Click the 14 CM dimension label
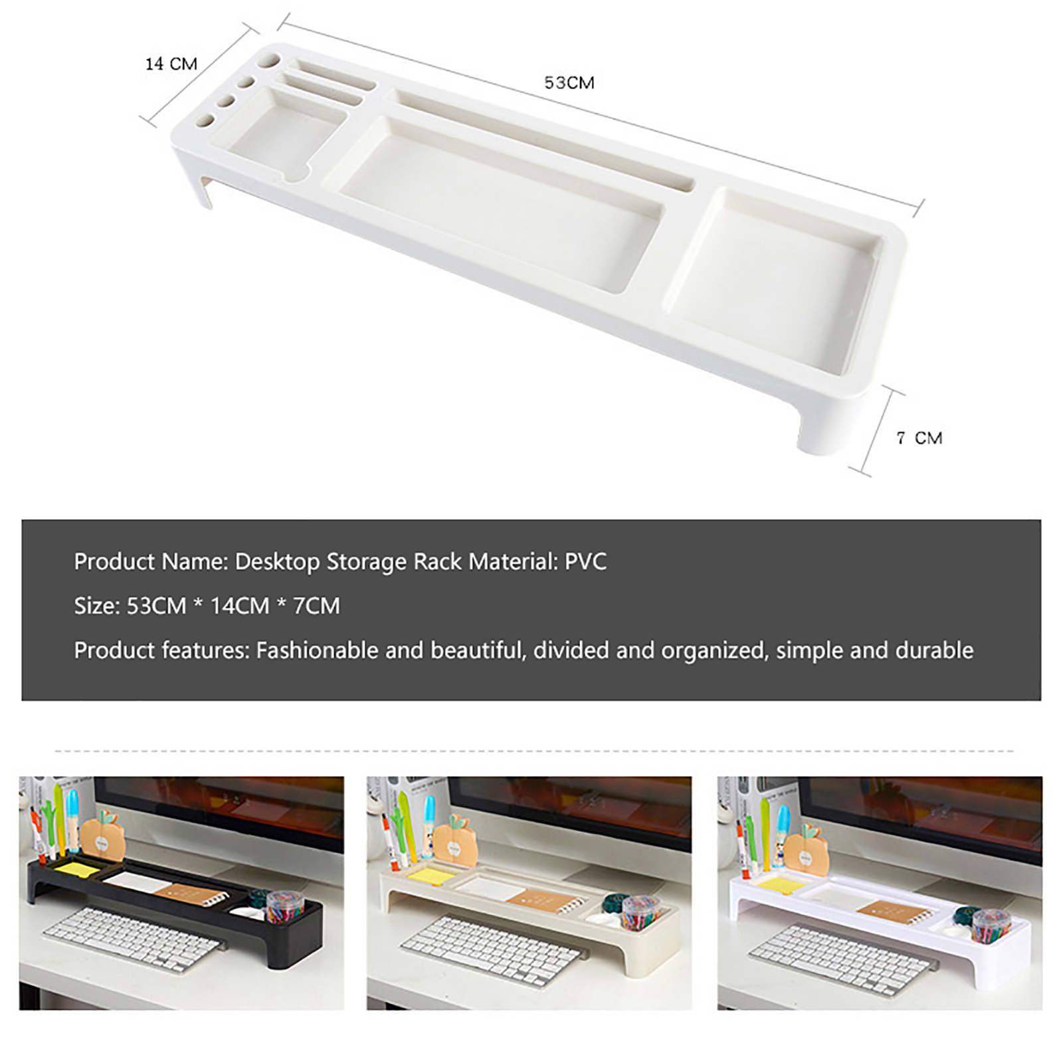coord(171,64)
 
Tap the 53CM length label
coord(569,83)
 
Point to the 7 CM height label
coord(919,438)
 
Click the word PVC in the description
coord(585,562)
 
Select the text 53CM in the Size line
coord(157,606)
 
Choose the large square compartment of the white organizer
coord(774,280)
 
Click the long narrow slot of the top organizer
coord(541,140)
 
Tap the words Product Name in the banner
coord(151,562)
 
